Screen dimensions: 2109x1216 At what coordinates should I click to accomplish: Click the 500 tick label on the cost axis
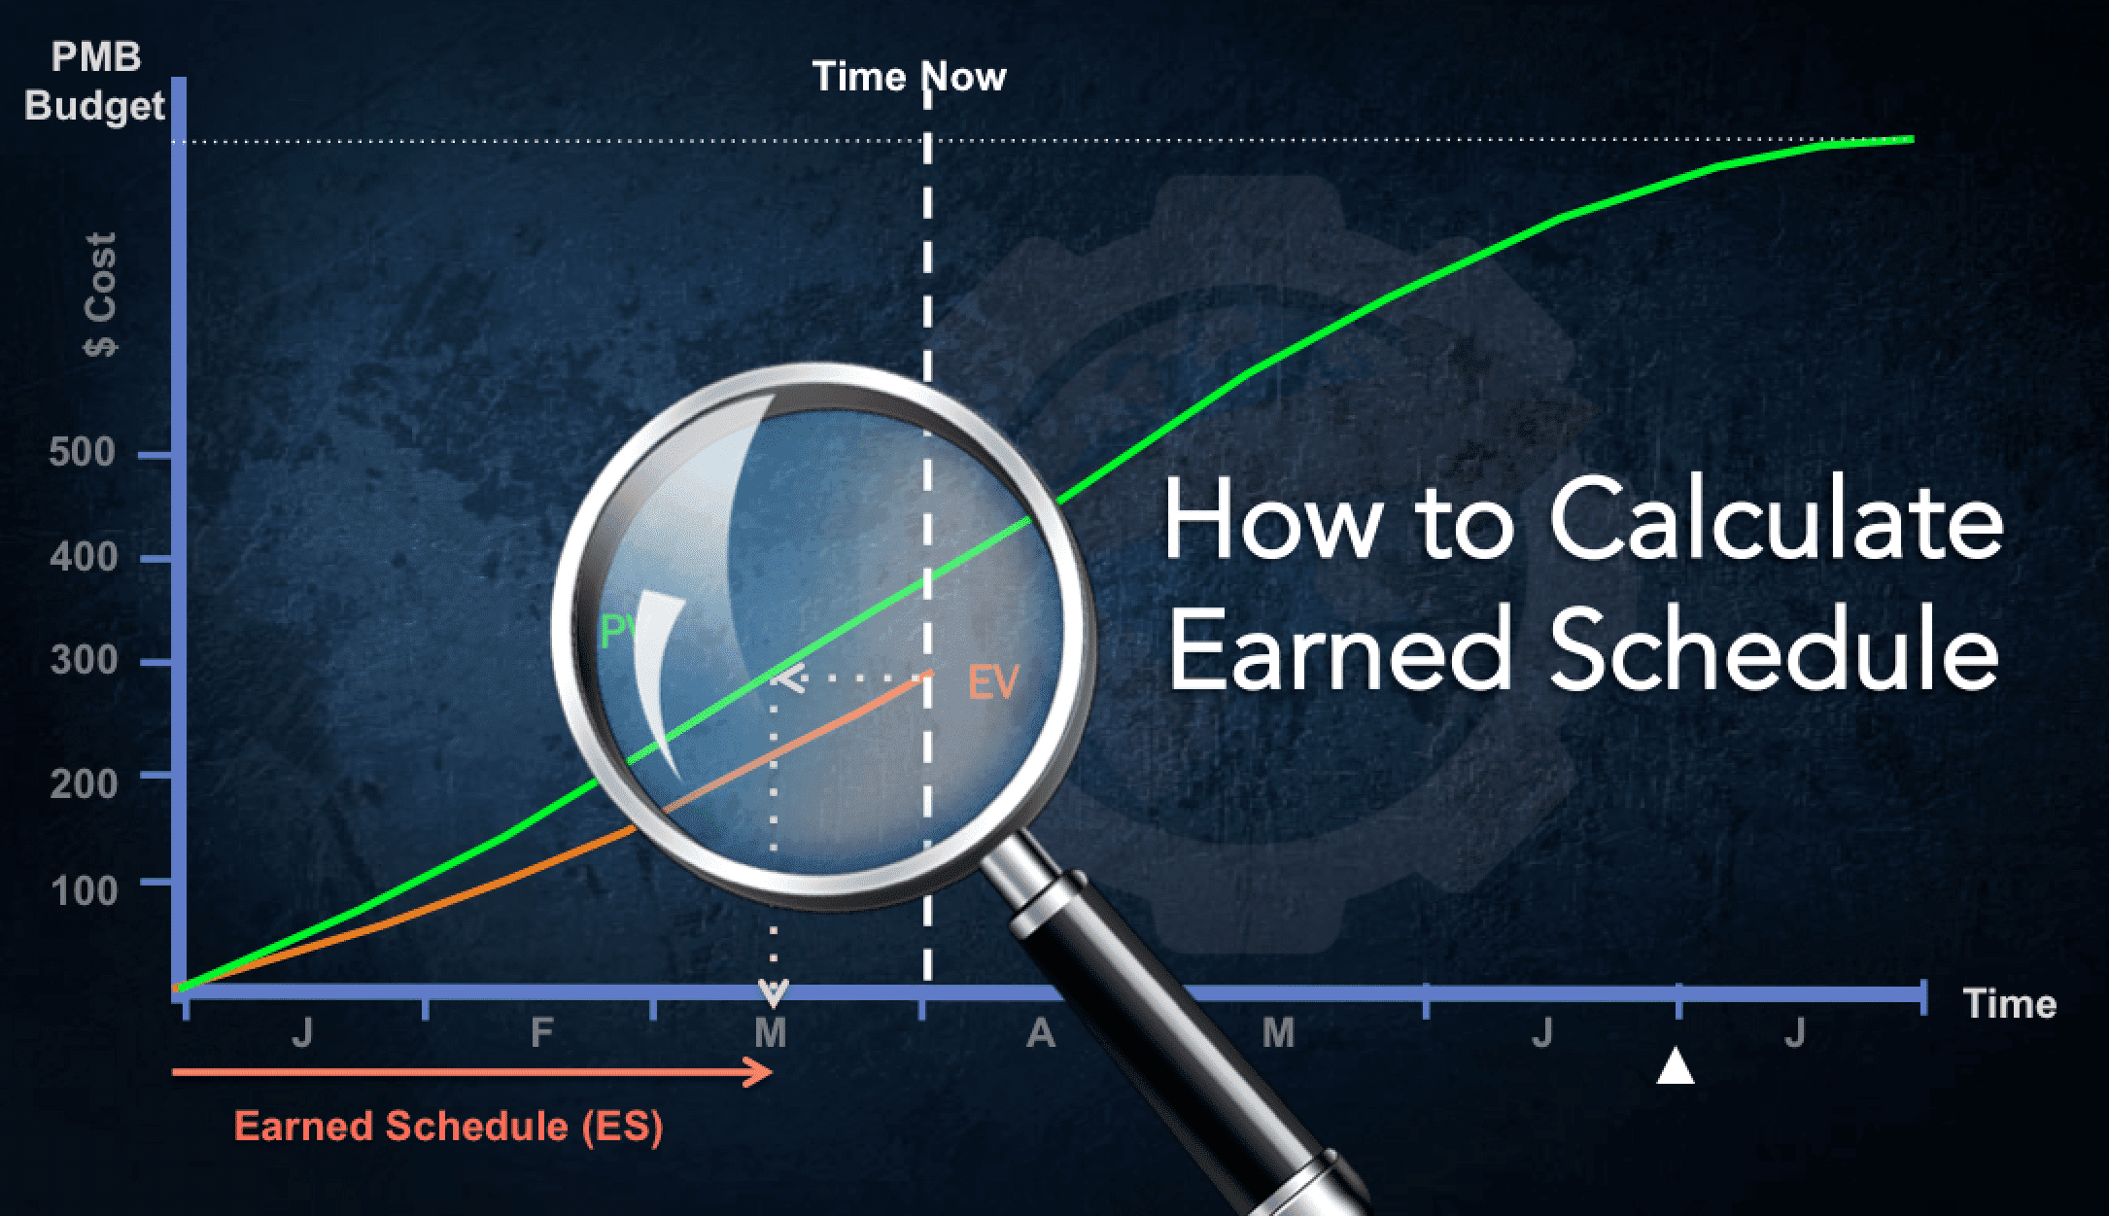83,452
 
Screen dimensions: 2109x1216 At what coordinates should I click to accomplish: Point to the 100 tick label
85,890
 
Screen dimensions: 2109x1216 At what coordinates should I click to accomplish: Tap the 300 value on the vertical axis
84,661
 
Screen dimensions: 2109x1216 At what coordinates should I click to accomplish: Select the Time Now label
909,76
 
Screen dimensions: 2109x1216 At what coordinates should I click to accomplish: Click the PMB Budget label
94,82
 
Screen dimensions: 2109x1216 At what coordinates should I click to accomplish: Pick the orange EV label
992,682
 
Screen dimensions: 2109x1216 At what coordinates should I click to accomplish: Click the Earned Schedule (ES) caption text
448,1127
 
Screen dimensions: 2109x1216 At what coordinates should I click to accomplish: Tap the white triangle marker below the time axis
1676,1065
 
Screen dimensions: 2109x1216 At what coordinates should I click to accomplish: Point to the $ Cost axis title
100,295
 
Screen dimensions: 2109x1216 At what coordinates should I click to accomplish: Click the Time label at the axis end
2010,1003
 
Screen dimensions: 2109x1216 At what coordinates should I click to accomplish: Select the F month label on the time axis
541,1032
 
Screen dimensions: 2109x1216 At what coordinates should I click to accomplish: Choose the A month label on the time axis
1041,1032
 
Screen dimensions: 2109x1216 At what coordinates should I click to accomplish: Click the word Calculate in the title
1776,520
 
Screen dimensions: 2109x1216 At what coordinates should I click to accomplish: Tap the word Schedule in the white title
1774,649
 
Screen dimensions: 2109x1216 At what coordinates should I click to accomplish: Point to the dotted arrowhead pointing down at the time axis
773,992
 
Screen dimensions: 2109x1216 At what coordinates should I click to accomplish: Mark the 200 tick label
84,783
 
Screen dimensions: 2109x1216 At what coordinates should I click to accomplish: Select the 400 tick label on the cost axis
84,557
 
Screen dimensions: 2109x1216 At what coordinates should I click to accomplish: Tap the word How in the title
1272,520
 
